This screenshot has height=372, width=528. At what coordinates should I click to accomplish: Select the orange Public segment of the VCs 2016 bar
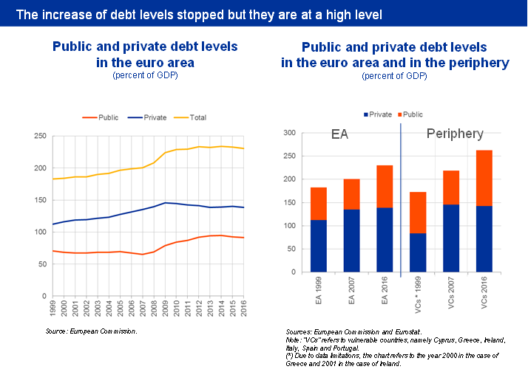484,178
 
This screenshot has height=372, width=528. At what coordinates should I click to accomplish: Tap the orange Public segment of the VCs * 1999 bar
417,213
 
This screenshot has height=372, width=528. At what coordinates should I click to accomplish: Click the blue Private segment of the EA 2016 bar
385,239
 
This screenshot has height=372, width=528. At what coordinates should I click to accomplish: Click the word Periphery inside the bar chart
455,134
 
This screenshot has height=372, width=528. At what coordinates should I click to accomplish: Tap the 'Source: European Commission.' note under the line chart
92,331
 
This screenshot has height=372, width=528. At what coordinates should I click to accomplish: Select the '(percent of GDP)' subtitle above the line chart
145,75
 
